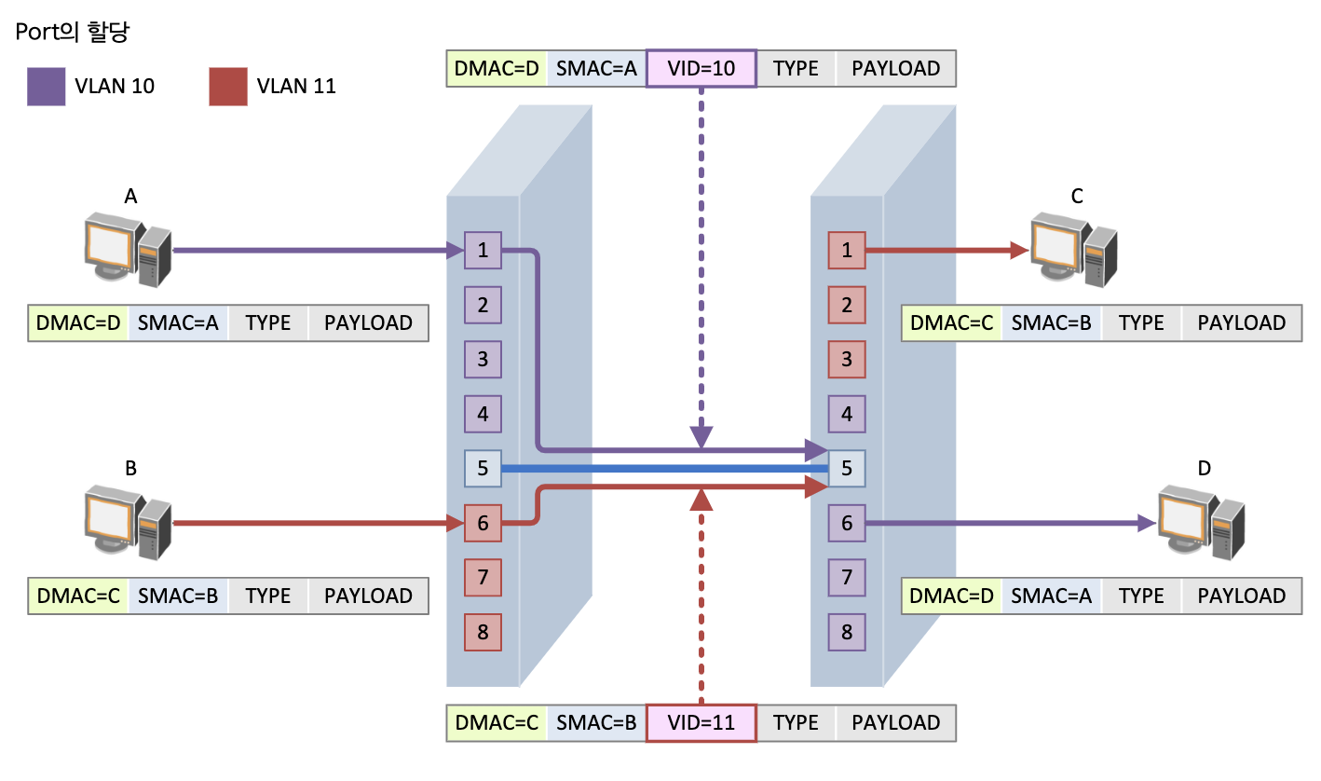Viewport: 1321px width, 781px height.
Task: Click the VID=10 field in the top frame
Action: click(x=701, y=69)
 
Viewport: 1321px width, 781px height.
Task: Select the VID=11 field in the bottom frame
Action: click(x=701, y=723)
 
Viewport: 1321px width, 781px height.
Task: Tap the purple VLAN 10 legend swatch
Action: click(x=47, y=87)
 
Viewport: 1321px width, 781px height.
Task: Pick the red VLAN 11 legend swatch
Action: click(x=228, y=87)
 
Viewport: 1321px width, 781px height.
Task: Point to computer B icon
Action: click(x=127, y=521)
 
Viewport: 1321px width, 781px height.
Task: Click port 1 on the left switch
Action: click(x=483, y=251)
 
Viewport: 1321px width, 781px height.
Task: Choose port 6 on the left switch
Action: click(x=483, y=524)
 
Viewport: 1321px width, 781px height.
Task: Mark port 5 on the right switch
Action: click(x=847, y=468)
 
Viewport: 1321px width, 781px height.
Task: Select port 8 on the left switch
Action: click(x=483, y=632)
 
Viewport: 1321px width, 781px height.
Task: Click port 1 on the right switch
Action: click(x=847, y=251)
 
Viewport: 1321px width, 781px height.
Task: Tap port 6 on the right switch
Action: click(x=847, y=524)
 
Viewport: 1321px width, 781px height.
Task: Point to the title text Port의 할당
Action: click(x=73, y=33)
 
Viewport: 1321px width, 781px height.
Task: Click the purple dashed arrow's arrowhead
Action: click(x=701, y=437)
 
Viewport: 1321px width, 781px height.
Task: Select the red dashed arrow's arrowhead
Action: click(x=701, y=500)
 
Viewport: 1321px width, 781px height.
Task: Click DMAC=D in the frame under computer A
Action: click(x=78, y=323)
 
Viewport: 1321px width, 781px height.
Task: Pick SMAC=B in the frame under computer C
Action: click(x=1051, y=323)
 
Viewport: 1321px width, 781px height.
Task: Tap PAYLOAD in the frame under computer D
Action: click(x=1242, y=596)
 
